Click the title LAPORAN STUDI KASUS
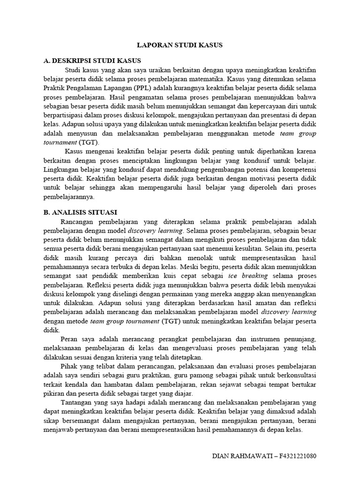point(180,45)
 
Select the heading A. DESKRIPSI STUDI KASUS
point(92,61)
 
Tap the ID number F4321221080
point(293,455)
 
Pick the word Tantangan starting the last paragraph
point(80,403)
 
